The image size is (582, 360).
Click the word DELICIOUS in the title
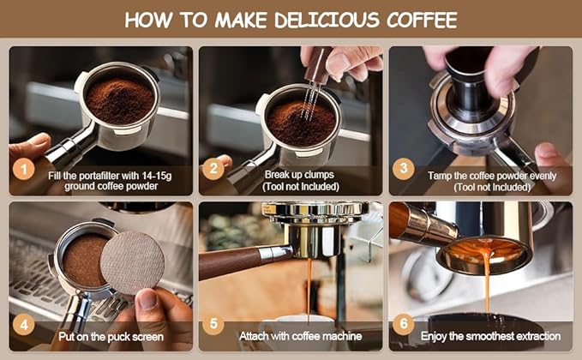coord(327,20)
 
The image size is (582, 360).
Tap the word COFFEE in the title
coord(422,20)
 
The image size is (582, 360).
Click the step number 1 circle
coord(24,169)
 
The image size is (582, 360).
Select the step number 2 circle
coord(213,169)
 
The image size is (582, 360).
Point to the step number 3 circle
coord(404,169)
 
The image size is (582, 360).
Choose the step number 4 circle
coord(24,325)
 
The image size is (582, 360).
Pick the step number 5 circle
coord(213,324)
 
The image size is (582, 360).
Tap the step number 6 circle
coord(404,324)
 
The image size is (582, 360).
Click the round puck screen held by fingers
coord(133,262)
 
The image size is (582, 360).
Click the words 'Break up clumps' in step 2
coord(299,175)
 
